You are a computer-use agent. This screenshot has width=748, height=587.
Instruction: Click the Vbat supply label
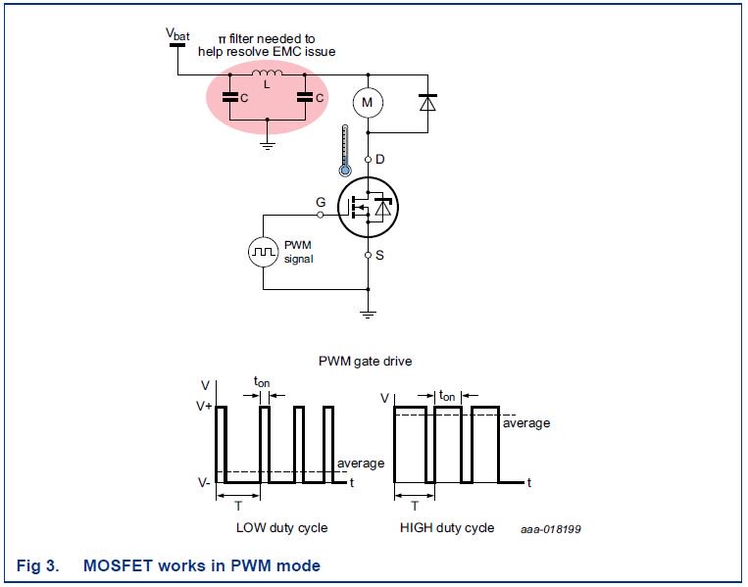point(176,34)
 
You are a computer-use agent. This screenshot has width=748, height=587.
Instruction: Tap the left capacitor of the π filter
point(229,97)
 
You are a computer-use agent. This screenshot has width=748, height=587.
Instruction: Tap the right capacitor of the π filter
point(306,97)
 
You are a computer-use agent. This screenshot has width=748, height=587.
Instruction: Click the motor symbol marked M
point(368,102)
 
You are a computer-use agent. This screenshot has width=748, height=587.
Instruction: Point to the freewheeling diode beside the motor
point(426,101)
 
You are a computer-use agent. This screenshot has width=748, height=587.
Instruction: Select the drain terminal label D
point(380,159)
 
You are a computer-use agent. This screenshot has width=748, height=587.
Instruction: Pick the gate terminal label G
point(320,202)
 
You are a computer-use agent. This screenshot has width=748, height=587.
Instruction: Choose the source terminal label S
point(380,255)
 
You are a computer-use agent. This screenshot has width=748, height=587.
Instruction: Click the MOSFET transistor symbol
point(368,207)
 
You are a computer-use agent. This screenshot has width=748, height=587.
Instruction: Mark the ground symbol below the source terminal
point(368,313)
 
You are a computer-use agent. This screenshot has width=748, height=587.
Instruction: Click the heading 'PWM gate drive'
point(365,361)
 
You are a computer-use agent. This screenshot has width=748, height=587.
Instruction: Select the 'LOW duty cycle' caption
point(281,528)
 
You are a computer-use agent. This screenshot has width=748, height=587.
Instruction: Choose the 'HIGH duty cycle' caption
point(447,528)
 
